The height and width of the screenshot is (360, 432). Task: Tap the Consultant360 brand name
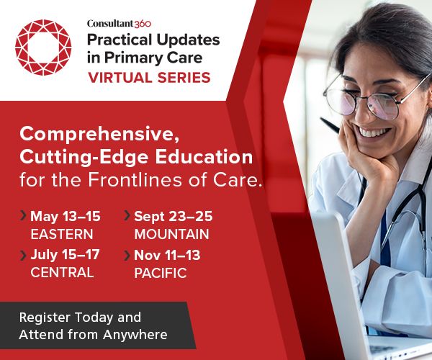click(118, 23)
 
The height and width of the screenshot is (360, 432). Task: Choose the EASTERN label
click(61, 234)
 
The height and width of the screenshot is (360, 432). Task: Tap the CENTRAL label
click(62, 272)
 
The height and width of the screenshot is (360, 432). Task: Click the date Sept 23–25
click(173, 216)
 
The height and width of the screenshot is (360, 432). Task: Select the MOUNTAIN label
click(171, 234)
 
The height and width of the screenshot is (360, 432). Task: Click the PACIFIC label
click(160, 273)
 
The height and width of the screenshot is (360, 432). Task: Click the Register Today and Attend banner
click(93, 325)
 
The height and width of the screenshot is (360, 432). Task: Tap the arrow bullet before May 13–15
click(24, 215)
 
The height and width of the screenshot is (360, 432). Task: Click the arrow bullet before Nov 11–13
click(127, 255)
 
